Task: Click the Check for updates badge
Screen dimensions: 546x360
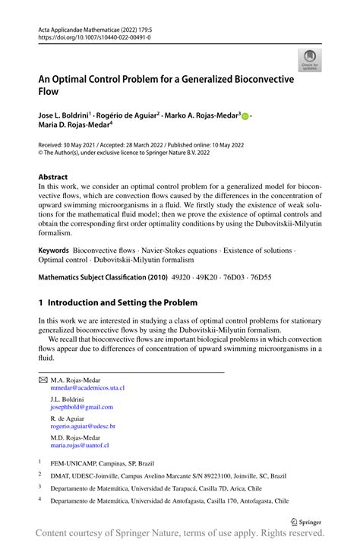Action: (x=310, y=63)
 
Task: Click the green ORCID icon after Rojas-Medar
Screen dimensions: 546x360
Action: (x=245, y=116)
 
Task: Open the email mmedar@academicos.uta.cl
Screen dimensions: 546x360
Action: (x=87, y=387)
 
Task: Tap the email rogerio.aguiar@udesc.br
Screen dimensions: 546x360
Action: (x=83, y=427)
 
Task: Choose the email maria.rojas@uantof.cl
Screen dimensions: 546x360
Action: (x=80, y=446)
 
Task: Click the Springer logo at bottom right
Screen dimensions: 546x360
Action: (x=308, y=522)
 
